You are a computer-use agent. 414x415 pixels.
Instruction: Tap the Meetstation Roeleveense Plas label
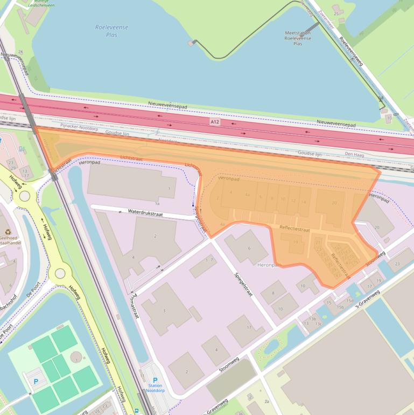point(298,38)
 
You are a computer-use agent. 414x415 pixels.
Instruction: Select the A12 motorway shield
point(215,122)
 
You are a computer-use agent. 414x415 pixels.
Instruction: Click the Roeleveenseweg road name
point(351,51)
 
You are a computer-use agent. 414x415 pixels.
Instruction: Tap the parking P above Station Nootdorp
point(156,381)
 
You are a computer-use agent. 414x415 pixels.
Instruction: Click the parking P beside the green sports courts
point(36,382)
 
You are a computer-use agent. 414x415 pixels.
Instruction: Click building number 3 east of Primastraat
point(164,311)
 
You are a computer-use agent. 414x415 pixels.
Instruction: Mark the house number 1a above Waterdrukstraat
point(157,204)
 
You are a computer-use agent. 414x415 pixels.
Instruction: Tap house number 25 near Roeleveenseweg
point(336,13)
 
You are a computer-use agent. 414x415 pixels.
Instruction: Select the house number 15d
point(350,301)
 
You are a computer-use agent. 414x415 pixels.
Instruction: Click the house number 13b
point(312,319)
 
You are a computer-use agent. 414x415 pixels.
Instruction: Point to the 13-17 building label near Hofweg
point(25,175)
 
